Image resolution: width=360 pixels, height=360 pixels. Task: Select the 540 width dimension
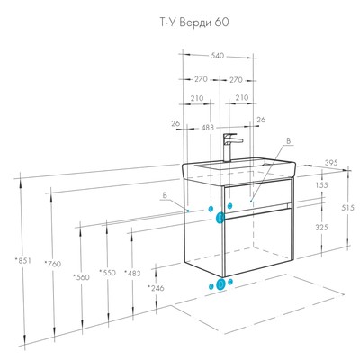218,56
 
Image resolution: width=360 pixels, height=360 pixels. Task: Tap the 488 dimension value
208,128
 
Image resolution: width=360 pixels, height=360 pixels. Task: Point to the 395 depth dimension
331,163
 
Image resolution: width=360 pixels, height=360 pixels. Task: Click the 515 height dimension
347,207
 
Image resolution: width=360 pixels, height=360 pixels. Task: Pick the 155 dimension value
322,185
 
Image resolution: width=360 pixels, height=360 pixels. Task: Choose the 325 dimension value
322,228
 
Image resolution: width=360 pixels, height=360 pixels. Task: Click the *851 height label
22,261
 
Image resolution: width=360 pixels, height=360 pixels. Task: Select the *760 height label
53,264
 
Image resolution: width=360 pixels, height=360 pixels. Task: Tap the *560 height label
81,277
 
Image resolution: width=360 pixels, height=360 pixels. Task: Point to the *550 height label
107,273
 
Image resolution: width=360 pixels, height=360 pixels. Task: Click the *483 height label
132,273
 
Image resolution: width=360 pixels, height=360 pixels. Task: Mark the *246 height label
156,288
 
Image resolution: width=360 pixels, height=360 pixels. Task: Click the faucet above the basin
231,148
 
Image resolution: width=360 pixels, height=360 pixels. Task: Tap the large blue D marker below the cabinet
220,283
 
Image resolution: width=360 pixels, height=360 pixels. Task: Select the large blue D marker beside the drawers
220,218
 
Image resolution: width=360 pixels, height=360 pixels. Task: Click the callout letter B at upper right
289,140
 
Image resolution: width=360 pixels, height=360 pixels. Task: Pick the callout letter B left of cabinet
165,195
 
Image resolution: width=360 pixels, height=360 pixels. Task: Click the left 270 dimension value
201,79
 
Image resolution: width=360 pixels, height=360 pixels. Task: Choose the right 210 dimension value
242,98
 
